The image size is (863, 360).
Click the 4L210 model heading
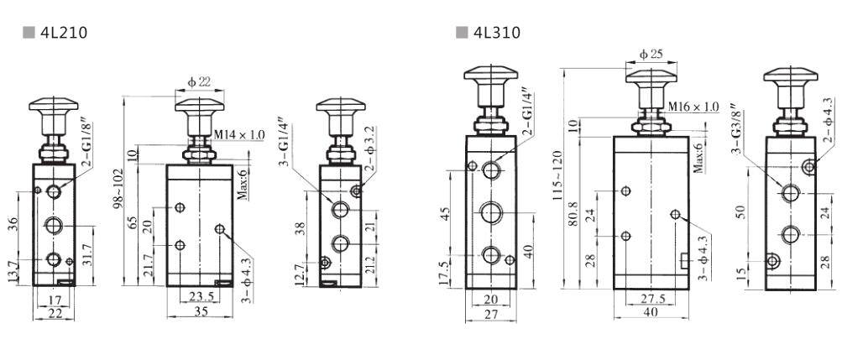point(64,33)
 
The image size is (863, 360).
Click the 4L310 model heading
point(496,33)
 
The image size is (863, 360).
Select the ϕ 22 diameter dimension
point(199,82)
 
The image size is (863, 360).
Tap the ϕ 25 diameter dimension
point(651,55)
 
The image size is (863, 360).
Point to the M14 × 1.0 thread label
point(239,134)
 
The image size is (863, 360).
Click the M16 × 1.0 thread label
point(693,107)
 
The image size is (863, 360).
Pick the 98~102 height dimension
point(118,188)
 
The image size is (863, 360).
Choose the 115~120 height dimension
point(558,175)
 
